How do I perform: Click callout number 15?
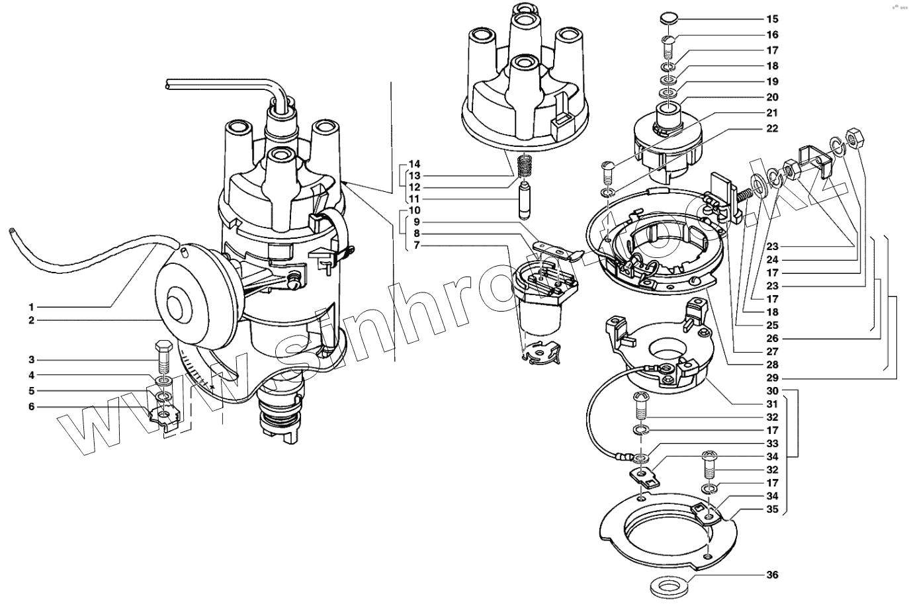pyautogui.click(x=773, y=19)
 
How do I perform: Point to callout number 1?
pyautogui.click(x=31, y=307)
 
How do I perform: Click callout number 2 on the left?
pyautogui.click(x=31, y=320)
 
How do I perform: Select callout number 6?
pyautogui.click(x=31, y=407)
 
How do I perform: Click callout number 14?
pyautogui.click(x=414, y=163)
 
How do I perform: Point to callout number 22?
pyautogui.click(x=773, y=128)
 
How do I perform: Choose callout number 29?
pyautogui.click(x=773, y=378)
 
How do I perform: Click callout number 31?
pyautogui.click(x=773, y=404)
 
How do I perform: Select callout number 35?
pyautogui.click(x=773, y=509)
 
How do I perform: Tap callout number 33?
pyautogui.click(x=773, y=443)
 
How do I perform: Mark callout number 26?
pyautogui.click(x=773, y=339)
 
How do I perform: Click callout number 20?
pyautogui.click(x=773, y=97)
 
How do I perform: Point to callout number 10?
pyautogui.click(x=414, y=210)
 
